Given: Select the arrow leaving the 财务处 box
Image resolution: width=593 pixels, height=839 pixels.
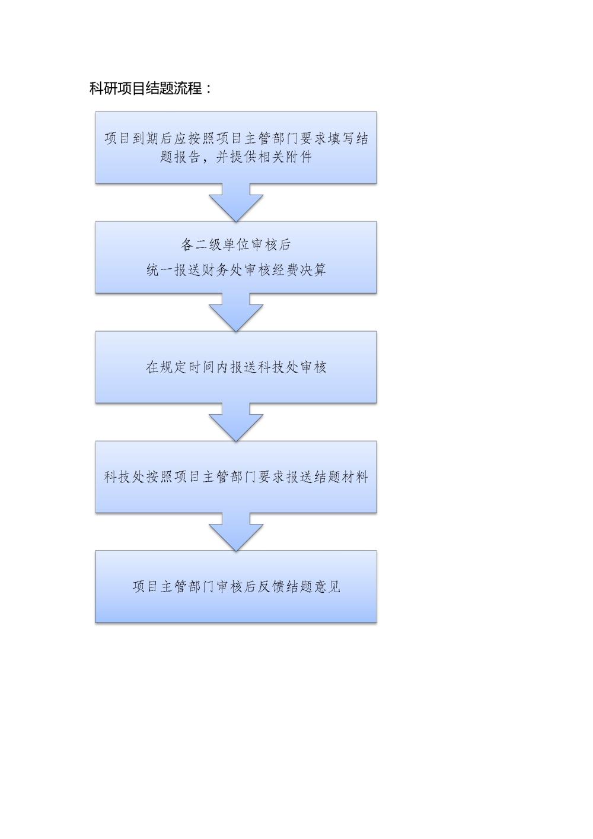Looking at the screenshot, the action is [x=236, y=312].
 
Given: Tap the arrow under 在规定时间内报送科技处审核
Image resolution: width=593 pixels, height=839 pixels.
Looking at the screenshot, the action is [x=236, y=422].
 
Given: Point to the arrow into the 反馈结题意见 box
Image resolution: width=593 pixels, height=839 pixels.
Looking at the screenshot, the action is [x=236, y=532].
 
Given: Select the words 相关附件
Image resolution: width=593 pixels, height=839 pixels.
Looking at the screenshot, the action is [x=285, y=157].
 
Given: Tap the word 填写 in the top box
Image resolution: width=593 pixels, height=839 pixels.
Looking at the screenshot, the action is [x=340, y=139].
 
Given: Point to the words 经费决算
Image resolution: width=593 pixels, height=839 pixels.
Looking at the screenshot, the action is [x=299, y=269].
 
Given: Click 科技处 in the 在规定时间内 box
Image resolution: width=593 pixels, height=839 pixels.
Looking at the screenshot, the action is [x=278, y=367].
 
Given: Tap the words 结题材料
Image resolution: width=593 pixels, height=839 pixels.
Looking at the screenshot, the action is [x=340, y=477].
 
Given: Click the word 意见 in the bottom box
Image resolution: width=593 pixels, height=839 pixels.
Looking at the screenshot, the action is [x=327, y=587].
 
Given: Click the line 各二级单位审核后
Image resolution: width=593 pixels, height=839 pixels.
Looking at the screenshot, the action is [x=236, y=244].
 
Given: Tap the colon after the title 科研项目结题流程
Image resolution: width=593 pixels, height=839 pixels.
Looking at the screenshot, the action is [x=209, y=89].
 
